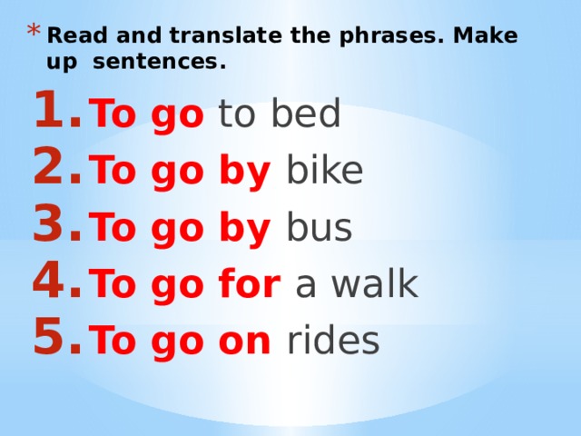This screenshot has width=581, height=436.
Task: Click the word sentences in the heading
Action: (159, 64)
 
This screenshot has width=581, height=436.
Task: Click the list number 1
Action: (54, 114)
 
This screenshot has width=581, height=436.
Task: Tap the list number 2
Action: (54, 170)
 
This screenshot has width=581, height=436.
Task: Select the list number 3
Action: (54, 228)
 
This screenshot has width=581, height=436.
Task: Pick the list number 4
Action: (54, 283)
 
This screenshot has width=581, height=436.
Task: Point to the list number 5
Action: (54, 340)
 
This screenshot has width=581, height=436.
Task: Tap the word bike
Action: (325, 171)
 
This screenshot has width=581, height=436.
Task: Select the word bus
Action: (319, 229)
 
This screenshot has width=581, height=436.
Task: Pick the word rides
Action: (333, 341)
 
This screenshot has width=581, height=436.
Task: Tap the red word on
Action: (247, 342)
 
